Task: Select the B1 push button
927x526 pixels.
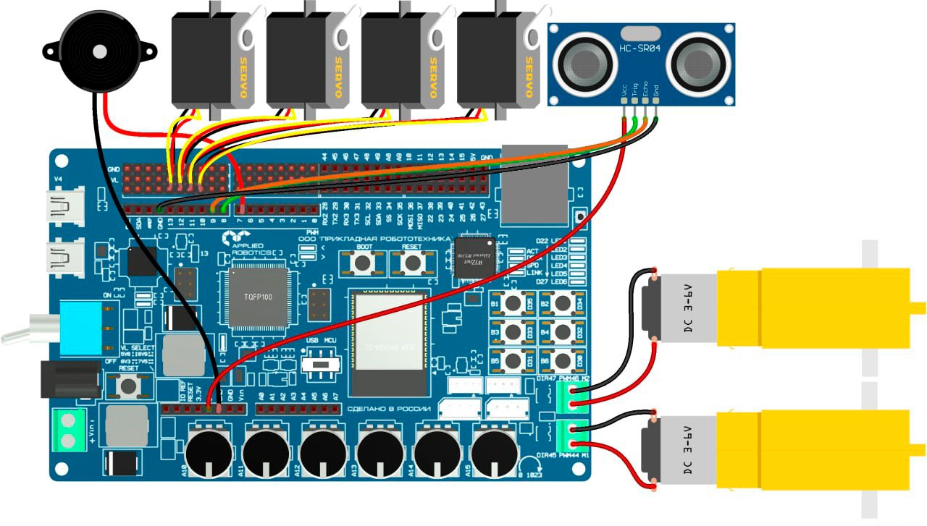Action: pos(513,302)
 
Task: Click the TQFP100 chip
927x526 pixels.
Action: pos(258,297)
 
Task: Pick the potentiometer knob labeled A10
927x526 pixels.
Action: pos(209,451)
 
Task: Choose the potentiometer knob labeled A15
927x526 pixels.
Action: pos(494,451)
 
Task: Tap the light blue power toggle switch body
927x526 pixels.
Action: pos(81,328)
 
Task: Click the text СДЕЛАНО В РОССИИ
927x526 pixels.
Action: pos(390,410)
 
